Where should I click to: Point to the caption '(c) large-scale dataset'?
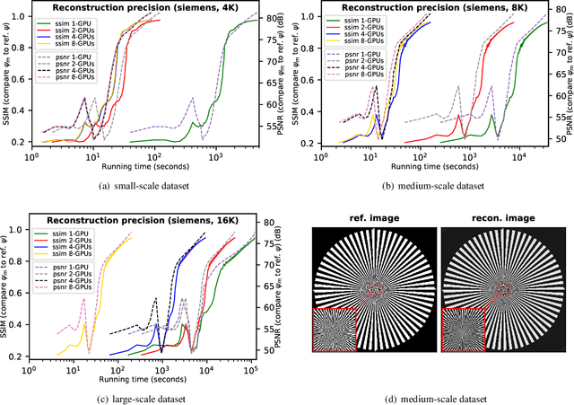coord(145,398)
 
